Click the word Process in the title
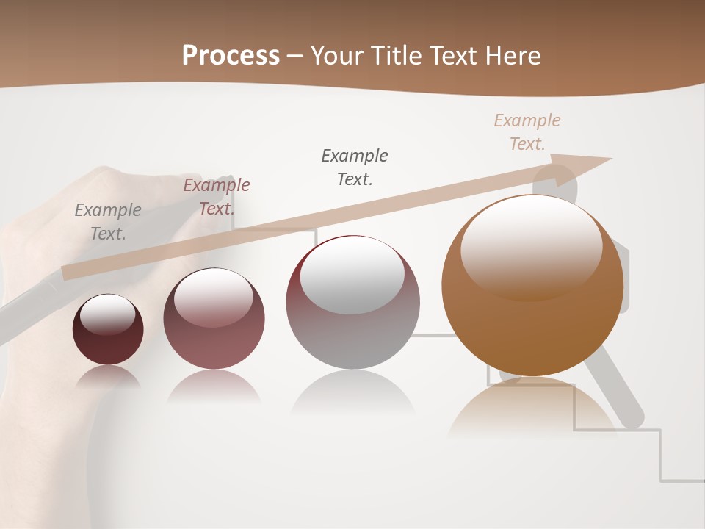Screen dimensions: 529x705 tap(231, 56)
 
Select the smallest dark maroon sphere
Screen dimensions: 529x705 tap(108, 330)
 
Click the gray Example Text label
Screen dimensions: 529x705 tap(108, 222)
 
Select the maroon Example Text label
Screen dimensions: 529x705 tap(217, 196)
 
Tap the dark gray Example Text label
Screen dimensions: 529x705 tap(355, 167)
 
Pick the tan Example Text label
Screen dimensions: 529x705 tap(527, 132)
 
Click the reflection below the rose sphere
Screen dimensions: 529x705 tap(214, 386)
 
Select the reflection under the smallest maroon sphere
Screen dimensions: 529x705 tap(108, 376)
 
